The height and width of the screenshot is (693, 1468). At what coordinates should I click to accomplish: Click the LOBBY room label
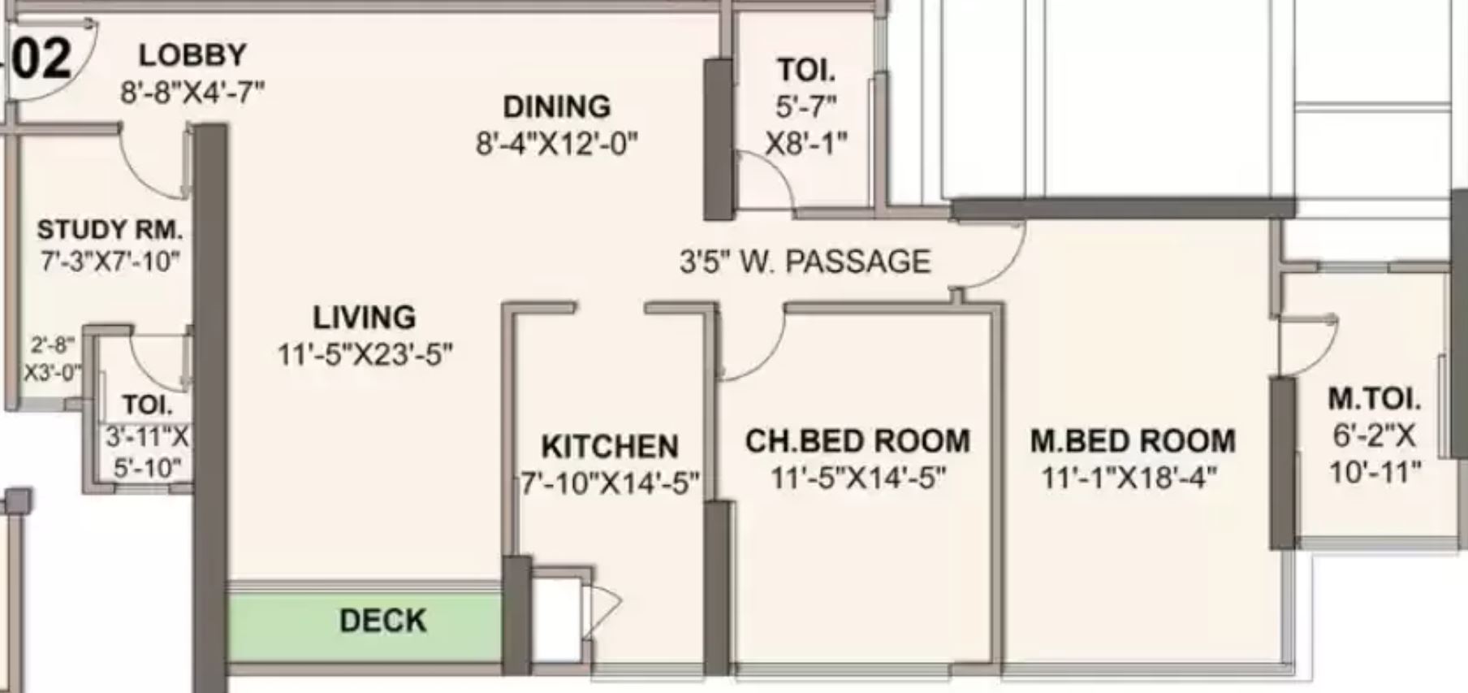point(192,55)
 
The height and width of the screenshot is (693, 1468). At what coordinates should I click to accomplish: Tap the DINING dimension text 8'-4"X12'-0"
point(557,145)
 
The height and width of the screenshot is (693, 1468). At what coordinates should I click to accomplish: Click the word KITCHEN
point(610,447)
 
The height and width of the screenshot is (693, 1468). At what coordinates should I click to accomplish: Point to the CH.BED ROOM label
point(857,441)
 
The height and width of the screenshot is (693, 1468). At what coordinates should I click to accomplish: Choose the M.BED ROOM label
point(1133,441)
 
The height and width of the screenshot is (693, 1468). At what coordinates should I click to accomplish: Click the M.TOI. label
point(1375,399)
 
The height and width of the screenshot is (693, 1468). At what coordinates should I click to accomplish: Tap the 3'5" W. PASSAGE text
point(805,262)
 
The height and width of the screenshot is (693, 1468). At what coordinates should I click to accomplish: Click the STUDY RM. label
point(110,230)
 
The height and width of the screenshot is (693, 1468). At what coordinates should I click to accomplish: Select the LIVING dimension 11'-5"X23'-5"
point(365,355)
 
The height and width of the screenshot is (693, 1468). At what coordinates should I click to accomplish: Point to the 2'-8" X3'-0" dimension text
point(52,359)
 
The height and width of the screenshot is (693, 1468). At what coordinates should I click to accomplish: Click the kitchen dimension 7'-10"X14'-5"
point(610,483)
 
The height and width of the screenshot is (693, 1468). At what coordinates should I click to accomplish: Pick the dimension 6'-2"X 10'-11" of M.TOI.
point(1375,453)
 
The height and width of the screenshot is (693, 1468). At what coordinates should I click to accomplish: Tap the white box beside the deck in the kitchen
point(557,621)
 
